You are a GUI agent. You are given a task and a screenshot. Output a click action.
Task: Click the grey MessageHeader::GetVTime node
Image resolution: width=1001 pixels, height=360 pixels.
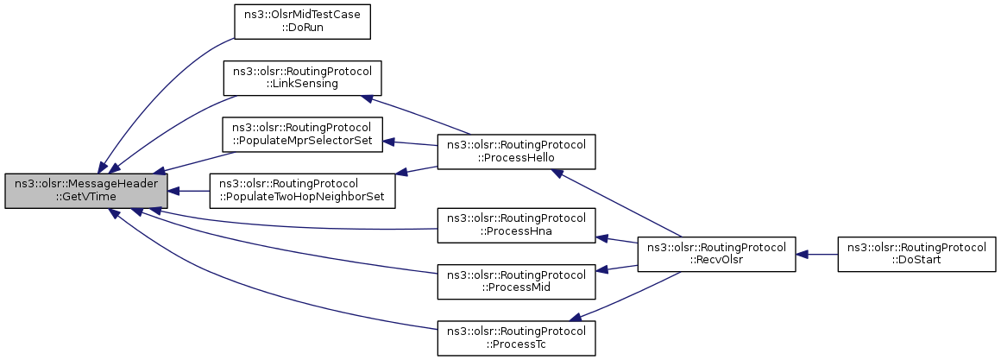pos(86,190)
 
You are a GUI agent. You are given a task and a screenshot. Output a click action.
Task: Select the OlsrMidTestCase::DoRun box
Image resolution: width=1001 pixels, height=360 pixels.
pos(303,22)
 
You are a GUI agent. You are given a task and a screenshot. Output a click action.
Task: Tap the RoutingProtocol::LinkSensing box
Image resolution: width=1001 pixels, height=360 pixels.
pos(302,78)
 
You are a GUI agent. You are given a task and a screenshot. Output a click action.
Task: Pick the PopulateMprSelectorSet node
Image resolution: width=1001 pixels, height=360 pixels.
pos(302,134)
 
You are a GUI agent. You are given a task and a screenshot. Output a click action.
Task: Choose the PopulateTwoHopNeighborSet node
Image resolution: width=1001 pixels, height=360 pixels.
pos(303,190)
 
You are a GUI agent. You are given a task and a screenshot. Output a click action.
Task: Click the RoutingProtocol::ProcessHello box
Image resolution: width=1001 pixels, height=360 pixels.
pos(516,152)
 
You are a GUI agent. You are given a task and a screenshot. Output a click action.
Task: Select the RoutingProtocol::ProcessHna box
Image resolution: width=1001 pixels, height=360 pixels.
pos(516,225)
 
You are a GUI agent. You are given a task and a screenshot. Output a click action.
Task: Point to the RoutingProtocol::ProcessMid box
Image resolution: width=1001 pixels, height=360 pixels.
pos(516,281)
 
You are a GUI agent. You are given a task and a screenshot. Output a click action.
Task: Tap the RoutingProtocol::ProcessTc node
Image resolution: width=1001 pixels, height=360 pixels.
pos(516,338)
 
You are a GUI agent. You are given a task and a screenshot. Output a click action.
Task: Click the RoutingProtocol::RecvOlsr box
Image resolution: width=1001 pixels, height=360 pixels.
pos(716,254)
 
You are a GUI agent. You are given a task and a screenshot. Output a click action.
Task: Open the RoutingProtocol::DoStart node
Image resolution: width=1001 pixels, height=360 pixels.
pos(916,254)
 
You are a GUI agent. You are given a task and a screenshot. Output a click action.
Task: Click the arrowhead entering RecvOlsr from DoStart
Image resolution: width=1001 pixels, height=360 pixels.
pos(802,254)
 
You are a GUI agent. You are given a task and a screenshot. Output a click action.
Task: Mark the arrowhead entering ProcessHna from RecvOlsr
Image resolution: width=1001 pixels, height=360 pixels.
pos(601,237)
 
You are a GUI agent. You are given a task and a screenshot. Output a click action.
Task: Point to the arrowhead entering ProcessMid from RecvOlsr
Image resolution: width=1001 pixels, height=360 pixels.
pos(601,270)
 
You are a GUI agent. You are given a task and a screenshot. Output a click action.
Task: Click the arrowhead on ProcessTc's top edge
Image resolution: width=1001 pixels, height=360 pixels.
pos(576,317)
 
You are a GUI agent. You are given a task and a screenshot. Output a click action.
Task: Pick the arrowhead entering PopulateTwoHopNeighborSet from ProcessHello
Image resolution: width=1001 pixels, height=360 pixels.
pos(402,172)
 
